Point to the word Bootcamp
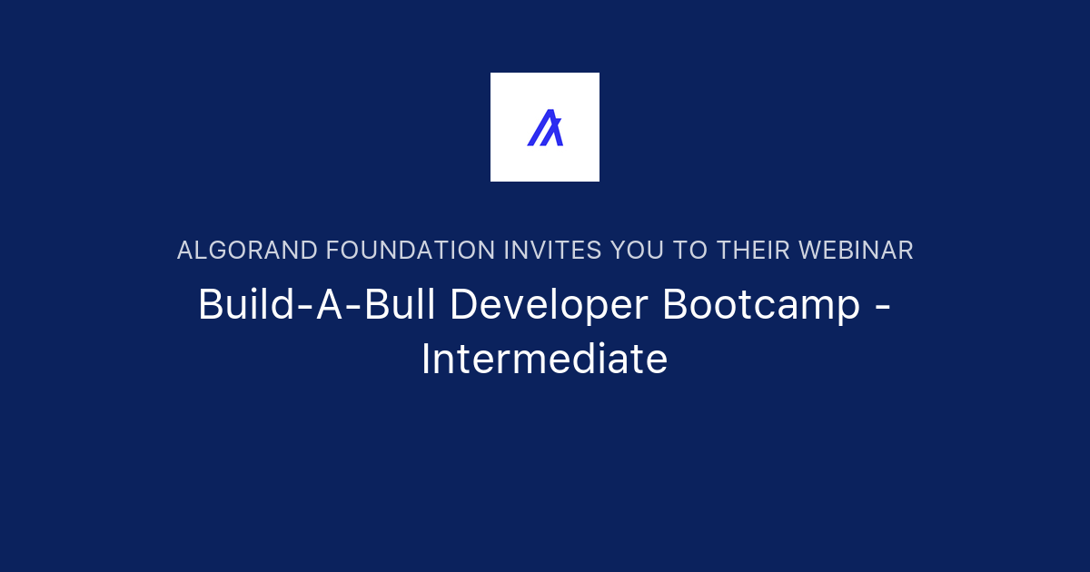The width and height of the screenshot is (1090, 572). (761, 305)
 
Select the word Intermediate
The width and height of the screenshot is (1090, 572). (545, 360)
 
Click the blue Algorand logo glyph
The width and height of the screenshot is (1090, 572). (545, 127)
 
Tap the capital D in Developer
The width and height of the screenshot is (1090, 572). (461, 305)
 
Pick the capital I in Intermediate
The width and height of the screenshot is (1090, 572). (425, 360)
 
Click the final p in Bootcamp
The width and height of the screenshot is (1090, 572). (849, 309)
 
